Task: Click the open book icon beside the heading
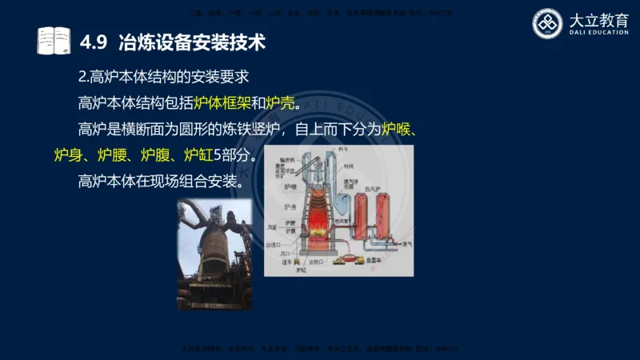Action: coord(54,41)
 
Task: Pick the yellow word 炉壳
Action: coord(280,103)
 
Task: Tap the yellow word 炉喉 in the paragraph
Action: coord(401,129)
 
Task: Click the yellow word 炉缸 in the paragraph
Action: coord(199,154)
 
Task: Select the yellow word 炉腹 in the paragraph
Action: coord(156,154)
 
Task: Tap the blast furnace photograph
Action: coord(214,254)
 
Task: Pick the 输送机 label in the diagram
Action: coord(283,159)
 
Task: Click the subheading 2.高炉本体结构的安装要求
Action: coord(165,78)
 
